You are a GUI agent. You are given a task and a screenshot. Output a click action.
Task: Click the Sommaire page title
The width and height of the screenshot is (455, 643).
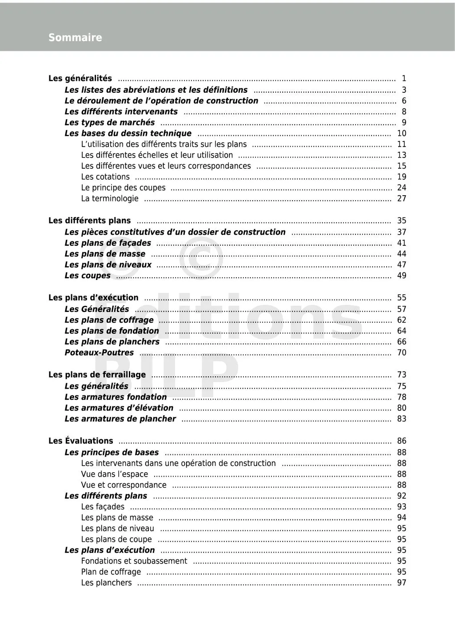[x=75, y=38]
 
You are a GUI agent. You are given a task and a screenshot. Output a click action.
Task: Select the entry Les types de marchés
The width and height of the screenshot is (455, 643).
[x=110, y=122]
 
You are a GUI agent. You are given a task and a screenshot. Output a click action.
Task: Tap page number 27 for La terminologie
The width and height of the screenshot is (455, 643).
[x=402, y=198]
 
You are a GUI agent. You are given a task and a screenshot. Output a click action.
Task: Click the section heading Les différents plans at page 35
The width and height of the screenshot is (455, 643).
[x=90, y=221]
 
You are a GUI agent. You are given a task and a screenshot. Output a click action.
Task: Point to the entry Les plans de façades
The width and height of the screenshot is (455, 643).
[x=108, y=243]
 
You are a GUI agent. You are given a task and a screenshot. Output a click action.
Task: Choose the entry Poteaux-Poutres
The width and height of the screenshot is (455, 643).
[x=99, y=353]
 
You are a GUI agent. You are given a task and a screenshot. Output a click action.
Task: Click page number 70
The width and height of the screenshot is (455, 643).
[x=402, y=353]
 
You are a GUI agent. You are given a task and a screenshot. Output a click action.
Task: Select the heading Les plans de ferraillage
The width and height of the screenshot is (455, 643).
[x=97, y=375]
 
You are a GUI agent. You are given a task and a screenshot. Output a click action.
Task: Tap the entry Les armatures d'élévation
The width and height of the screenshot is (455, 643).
[x=119, y=408]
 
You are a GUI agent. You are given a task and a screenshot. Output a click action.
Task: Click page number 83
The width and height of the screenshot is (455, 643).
[x=402, y=419]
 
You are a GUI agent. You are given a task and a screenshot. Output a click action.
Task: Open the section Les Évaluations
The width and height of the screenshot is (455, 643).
[x=81, y=441]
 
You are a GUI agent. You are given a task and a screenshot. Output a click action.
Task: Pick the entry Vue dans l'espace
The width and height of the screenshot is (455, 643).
[x=115, y=474]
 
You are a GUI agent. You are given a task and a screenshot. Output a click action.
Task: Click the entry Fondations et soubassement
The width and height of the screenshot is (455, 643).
[x=134, y=561]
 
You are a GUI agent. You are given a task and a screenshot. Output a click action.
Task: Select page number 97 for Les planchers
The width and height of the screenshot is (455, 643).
[x=402, y=583]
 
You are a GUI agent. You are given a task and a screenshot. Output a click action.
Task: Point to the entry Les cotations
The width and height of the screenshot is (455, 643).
[x=105, y=177]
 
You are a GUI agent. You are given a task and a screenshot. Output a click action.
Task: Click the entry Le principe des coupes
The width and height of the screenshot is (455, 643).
[x=123, y=188]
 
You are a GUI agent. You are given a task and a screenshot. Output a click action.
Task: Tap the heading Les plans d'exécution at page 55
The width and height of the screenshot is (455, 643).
[x=93, y=298]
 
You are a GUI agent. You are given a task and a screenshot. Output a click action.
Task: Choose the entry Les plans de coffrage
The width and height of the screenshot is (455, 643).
[x=109, y=320]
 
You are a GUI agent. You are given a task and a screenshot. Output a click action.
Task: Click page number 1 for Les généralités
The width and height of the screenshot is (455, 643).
[x=404, y=79]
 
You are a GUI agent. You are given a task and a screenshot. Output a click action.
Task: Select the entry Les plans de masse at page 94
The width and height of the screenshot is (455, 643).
[x=117, y=517]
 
